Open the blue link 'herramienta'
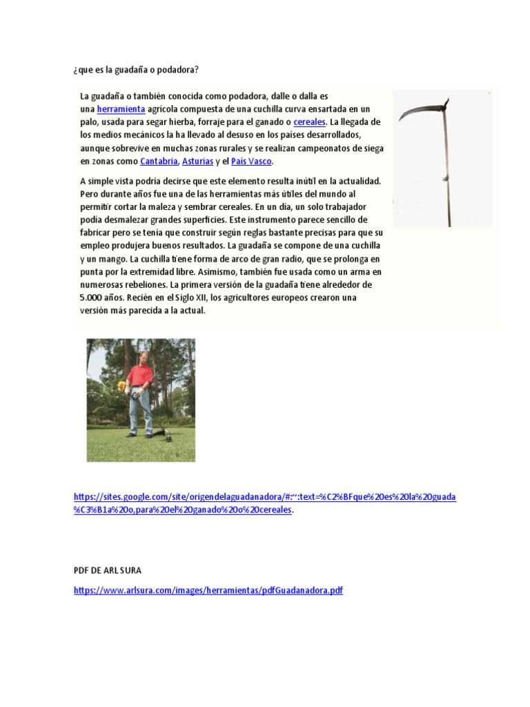[x=121, y=109]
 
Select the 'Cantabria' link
[x=159, y=162]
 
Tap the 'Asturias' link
[x=197, y=162]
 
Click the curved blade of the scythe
[x=415, y=108]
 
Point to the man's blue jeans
[x=141, y=411]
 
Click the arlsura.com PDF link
[x=208, y=591]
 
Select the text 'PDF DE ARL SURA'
[x=107, y=570]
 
